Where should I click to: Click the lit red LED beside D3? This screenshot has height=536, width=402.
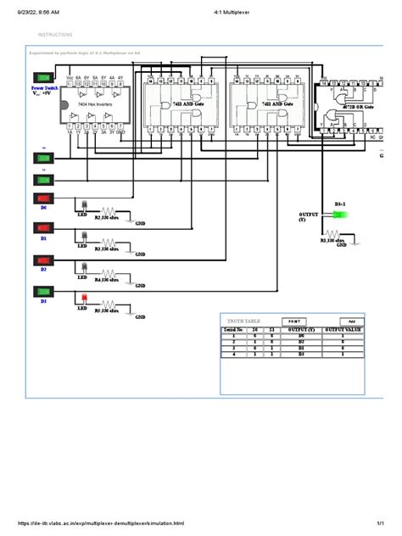coord(84,297)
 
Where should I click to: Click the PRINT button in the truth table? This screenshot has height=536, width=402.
coord(294,321)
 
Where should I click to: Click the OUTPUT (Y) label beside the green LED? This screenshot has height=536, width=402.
coord(309,215)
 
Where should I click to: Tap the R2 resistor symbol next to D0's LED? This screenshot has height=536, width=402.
coord(109,209)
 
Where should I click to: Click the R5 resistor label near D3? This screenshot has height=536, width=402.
coord(108,312)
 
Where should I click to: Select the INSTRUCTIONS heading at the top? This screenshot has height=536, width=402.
coord(55,35)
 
